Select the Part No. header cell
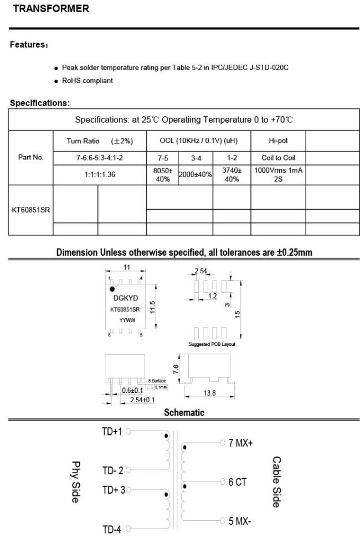30,157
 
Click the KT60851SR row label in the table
30,210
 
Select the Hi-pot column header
278,141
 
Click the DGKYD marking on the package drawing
125,298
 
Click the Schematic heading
184,412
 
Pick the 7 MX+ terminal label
240,443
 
